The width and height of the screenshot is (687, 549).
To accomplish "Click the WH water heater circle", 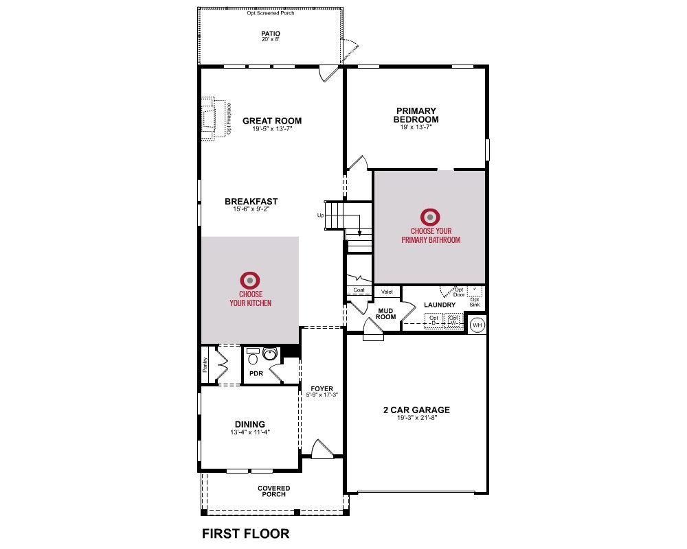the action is point(477,325).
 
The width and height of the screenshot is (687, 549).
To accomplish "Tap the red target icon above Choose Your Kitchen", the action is point(250,280).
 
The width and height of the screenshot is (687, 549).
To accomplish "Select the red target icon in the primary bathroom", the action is point(430,217).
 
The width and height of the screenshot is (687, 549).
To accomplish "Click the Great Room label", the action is point(272,121).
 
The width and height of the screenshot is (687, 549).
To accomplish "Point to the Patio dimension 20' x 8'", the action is point(270,39).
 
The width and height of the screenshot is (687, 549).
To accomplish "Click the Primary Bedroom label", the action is point(416,115).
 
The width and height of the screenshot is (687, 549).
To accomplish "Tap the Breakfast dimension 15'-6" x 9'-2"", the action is point(251,209).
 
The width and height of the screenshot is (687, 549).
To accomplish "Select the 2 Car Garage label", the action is point(417,410).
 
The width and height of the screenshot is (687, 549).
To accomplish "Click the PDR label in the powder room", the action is point(256,373).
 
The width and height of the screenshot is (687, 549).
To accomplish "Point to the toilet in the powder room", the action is point(253,357).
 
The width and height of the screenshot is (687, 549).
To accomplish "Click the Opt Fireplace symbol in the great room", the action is point(209,118).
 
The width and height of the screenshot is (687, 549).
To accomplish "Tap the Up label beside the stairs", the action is point(321,215).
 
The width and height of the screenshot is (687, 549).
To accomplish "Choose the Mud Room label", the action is point(385,314).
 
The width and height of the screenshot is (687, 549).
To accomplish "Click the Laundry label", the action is point(440,305).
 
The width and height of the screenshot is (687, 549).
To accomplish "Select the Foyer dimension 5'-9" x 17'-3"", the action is point(322,395).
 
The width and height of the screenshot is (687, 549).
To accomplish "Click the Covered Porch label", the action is point(274,491).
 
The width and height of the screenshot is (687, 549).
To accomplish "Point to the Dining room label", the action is point(250,424).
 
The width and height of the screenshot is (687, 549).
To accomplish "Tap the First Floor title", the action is point(245,534).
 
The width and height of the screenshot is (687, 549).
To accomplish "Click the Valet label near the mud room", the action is point(387,292).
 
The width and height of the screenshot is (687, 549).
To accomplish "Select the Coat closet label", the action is point(359,290).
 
